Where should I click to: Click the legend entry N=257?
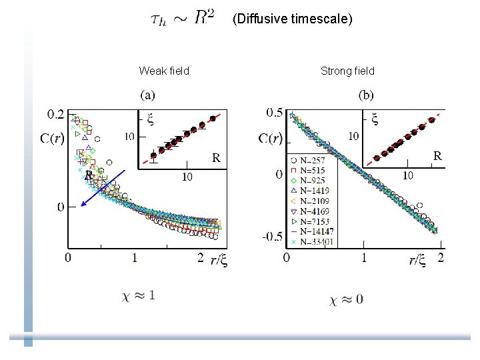click(311, 161)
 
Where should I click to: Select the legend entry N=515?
click(311, 171)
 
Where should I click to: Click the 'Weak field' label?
click(164, 71)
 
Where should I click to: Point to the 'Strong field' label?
click(347, 71)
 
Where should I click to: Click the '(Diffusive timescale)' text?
click(292, 19)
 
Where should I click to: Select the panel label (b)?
click(366, 95)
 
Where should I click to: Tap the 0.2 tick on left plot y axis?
click(57, 114)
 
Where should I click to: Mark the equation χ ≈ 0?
click(347, 299)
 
